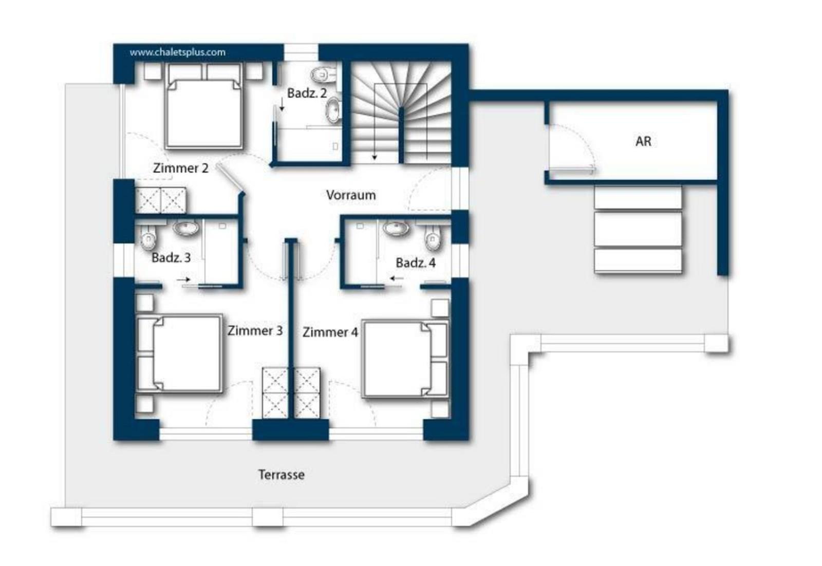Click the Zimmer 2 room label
click(180, 168)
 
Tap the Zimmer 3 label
click(255, 330)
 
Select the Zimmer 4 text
click(330, 332)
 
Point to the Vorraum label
click(351, 195)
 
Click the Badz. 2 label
click(307, 93)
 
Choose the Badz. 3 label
click(171, 257)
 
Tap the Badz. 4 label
click(416, 262)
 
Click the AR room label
click(643, 141)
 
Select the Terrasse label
click(282, 475)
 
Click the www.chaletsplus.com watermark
click(178, 52)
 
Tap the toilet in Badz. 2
click(323, 75)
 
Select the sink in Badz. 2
click(334, 109)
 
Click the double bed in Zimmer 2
click(204, 106)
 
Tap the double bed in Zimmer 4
click(405, 359)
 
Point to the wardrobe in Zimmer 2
click(161, 200)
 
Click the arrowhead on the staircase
click(375, 158)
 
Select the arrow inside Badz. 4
click(396, 278)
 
